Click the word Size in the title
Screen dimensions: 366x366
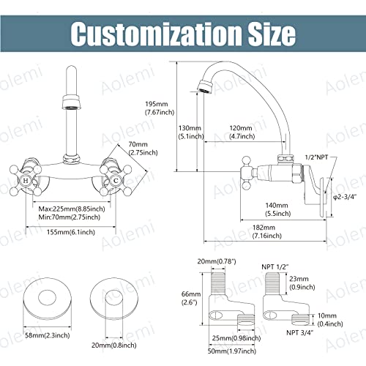coord(272,34)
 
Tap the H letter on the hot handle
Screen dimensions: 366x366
coord(26,181)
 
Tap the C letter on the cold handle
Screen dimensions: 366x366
coord(116,181)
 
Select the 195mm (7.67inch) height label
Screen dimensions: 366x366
coord(160,108)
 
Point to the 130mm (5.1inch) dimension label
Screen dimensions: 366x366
coord(191,132)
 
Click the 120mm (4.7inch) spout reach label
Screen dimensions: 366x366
coord(242,132)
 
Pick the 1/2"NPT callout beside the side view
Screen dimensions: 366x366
coord(316,157)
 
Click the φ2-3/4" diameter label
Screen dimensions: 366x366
coord(345,197)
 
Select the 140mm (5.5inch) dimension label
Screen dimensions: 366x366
coord(277,209)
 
